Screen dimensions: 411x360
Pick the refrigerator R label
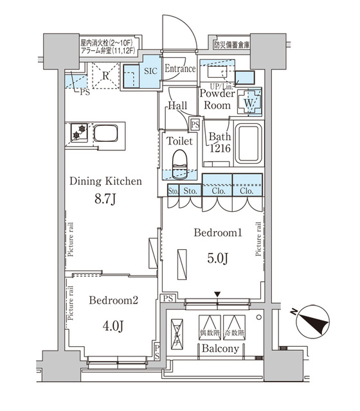coord(105,74)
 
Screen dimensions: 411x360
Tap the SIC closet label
coord(149,71)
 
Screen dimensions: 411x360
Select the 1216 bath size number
coord(218,149)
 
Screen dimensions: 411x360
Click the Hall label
coord(177,107)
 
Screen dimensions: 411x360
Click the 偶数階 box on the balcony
coord(210,328)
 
